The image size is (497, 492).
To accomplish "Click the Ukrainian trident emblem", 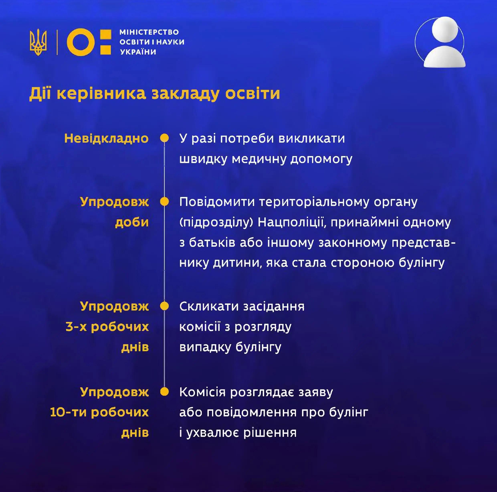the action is coord(38,42).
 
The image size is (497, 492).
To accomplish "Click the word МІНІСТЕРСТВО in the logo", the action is coord(149,32).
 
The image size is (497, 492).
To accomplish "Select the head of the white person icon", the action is coord(445,29).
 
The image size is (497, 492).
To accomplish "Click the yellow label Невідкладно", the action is coord(106,139).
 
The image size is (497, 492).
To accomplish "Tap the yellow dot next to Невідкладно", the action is coord(164,138).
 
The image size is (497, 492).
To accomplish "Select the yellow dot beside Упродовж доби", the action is coord(164,202).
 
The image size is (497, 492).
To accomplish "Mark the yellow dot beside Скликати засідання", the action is coord(164,306).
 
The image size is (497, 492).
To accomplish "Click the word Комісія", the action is coord(202,392).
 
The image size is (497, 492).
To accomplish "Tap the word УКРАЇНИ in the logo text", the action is coord(138,52).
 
